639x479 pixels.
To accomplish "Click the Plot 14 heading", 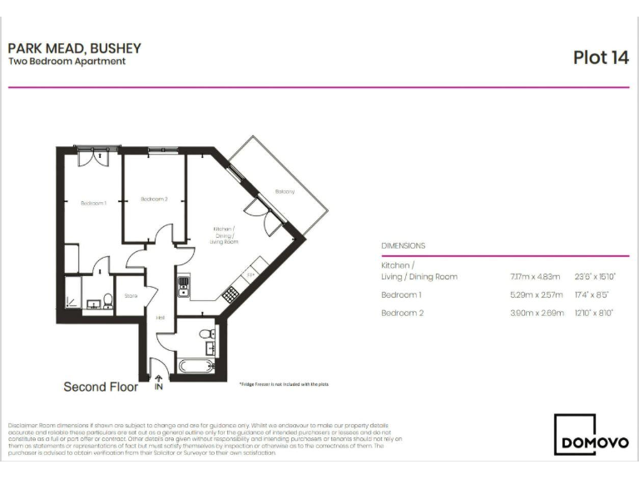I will pyautogui.click(x=600, y=57).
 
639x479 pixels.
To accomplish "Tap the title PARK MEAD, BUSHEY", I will pyautogui.click(x=75, y=48).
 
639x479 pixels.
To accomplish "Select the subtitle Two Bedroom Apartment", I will pyautogui.click(x=67, y=62).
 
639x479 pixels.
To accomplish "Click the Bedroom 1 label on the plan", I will pyautogui.click(x=93, y=204).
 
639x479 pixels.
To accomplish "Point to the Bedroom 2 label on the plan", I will pyautogui.click(x=154, y=199).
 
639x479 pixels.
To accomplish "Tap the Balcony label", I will pyautogui.click(x=285, y=192).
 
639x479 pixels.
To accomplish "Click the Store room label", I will pyautogui.click(x=131, y=295).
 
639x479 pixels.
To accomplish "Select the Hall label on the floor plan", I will pyautogui.click(x=161, y=318).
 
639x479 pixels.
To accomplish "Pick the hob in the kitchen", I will pyautogui.click(x=230, y=294).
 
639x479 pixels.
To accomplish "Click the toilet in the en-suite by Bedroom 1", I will pyautogui.click(x=108, y=303).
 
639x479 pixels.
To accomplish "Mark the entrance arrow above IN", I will pyautogui.click(x=158, y=378).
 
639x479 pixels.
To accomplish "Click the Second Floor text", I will pyautogui.click(x=101, y=387).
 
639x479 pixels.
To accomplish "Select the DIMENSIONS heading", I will pyautogui.click(x=403, y=246).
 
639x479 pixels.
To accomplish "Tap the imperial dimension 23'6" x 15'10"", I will pyautogui.click(x=597, y=277).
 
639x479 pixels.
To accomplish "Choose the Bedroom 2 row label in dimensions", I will pyautogui.click(x=401, y=314).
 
